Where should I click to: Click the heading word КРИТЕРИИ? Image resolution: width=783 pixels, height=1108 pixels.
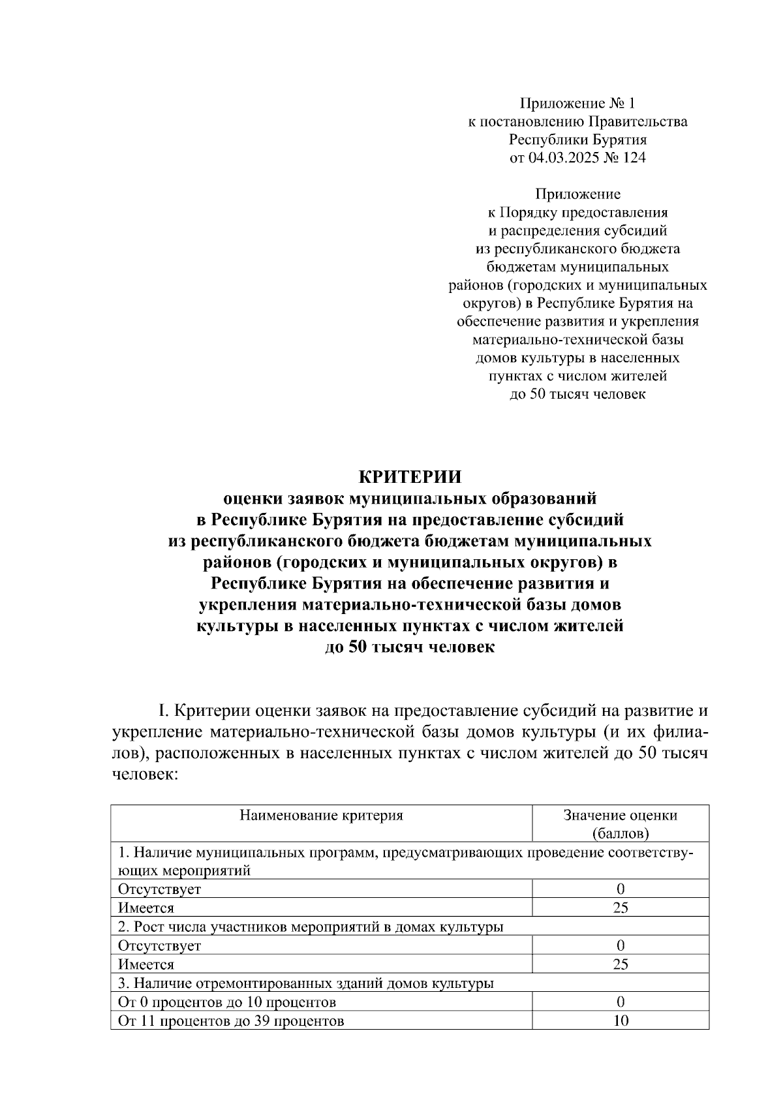410,476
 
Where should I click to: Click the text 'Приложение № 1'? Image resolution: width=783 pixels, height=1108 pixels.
577,103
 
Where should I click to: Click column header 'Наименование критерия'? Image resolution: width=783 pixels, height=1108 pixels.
321,815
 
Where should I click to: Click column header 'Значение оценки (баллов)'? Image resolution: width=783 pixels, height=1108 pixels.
620,823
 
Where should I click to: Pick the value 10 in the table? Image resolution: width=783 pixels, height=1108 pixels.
621,1021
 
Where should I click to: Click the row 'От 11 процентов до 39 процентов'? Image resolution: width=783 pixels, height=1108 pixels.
231,1021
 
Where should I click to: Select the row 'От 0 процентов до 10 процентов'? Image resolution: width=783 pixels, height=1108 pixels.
227,1002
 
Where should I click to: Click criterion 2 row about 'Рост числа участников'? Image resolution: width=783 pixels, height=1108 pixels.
311,927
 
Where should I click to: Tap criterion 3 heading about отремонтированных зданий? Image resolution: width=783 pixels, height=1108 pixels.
305,983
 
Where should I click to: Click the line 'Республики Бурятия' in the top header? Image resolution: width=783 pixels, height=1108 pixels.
577,139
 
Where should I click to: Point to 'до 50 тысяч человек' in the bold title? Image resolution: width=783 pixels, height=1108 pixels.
410,648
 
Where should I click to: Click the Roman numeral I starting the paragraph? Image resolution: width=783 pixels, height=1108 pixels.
164,710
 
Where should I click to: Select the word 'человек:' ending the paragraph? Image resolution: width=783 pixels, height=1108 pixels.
145,775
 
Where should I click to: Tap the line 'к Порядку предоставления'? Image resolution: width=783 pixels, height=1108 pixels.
577,212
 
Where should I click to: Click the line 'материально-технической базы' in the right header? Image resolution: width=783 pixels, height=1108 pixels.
577,339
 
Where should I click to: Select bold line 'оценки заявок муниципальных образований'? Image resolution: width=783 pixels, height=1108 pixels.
410,499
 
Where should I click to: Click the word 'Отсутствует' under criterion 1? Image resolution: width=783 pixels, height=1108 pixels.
159,889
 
